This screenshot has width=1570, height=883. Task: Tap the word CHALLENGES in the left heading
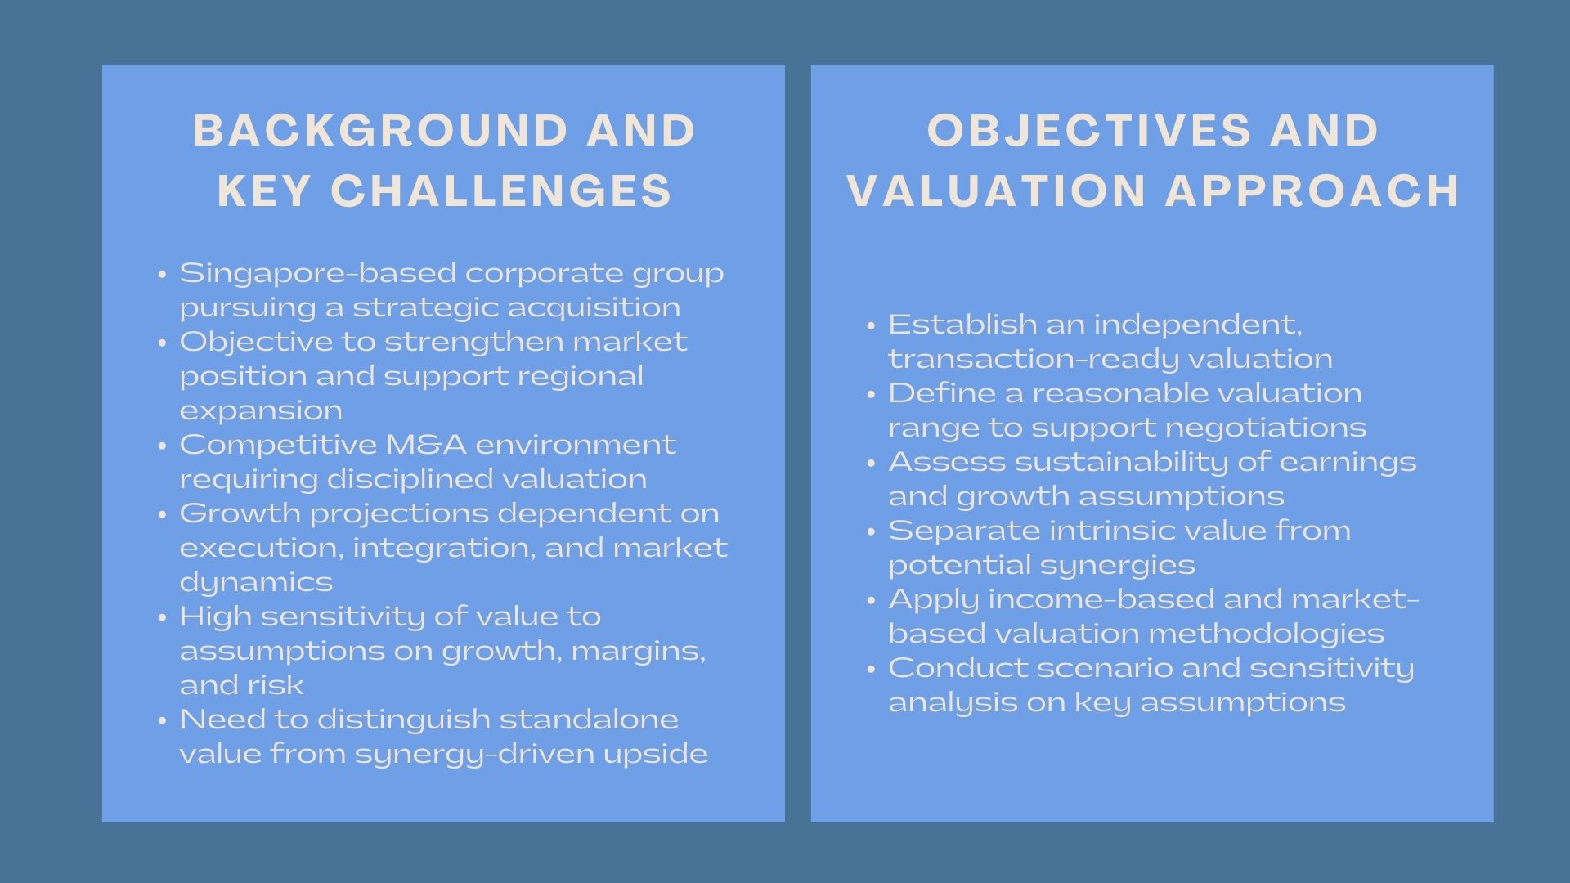(x=501, y=191)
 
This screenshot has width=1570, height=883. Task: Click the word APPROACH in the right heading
(x=1312, y=191)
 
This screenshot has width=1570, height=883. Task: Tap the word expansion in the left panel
(x=261, y=410)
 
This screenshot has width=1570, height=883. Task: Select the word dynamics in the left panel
(x=256, y=582)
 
